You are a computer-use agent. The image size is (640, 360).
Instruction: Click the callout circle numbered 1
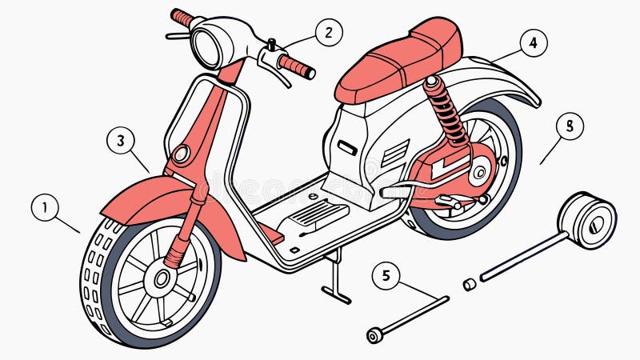(x=46, y=208)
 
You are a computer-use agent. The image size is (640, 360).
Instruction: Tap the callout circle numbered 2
(x=328, y=33)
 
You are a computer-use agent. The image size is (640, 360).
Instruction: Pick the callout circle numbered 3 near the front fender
(x=121, y=142)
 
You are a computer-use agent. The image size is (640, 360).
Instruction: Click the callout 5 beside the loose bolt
(x=386, y=276)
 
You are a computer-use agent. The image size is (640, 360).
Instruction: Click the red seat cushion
(x=400, y=62)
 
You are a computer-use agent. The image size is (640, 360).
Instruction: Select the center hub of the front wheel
(x=162, y=278)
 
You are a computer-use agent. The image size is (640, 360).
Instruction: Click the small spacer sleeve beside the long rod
(x=470, y=283)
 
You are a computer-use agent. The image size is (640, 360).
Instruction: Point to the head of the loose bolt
(x=373, y=335)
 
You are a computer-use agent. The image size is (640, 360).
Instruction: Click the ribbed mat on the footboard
(x=318, y=213)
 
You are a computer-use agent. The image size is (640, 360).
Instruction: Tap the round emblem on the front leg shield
(x=182, y=154)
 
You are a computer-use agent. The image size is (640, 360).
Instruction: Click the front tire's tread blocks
(x=95, y=272)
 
